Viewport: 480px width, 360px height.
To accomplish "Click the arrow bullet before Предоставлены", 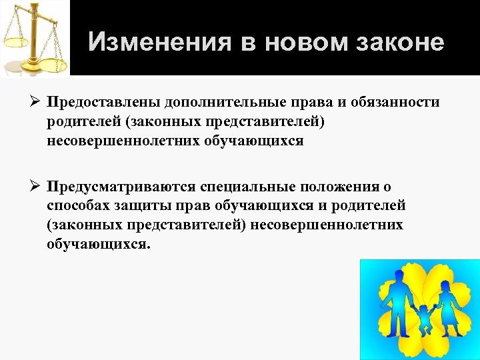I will click(x=35, y=103).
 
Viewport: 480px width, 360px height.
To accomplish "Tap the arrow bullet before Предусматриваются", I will click(x=35, y=186).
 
